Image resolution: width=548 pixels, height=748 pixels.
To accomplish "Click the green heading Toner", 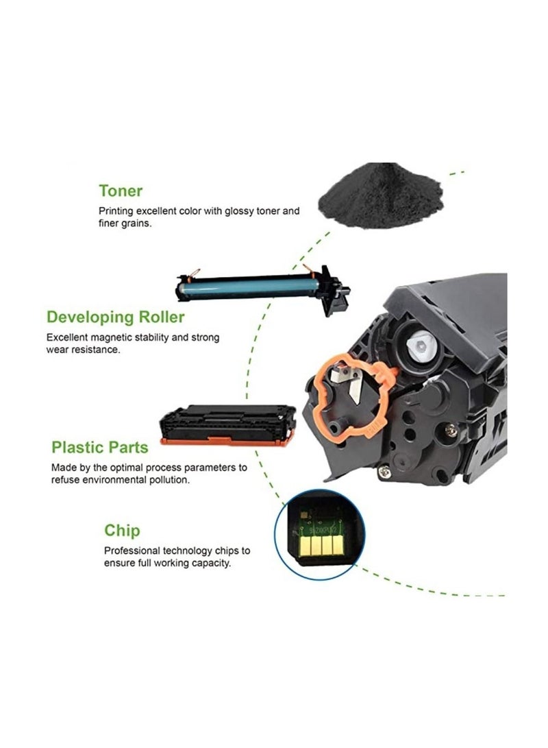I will click(121, 191).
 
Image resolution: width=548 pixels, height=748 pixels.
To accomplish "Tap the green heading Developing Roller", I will click(115, 317).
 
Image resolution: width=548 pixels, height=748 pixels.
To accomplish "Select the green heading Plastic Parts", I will click(100, 448).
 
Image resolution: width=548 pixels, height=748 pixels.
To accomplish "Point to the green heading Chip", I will click(122, 530).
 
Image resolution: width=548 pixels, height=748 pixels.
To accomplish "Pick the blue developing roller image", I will click(260, 283).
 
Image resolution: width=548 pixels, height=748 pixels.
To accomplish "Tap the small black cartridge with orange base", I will click(227, 424).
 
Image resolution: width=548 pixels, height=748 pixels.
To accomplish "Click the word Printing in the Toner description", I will click(116, 211).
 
